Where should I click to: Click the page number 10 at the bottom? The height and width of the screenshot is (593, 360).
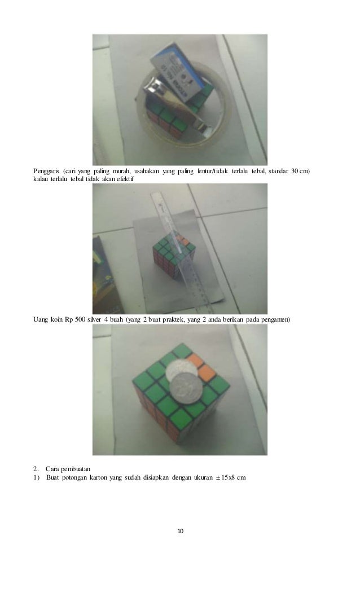coord(181,531)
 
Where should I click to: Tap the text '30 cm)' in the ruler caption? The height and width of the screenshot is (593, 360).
coord(300,172)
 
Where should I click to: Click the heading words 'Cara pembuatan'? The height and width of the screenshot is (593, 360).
coord(68,469)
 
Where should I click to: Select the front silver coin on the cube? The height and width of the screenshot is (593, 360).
coord(185,388)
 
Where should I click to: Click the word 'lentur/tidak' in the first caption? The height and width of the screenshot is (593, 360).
coord(213,172)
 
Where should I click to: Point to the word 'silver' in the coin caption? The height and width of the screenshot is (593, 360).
coord(94,319)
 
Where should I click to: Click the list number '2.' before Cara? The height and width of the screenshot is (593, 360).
coord(36,469)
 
